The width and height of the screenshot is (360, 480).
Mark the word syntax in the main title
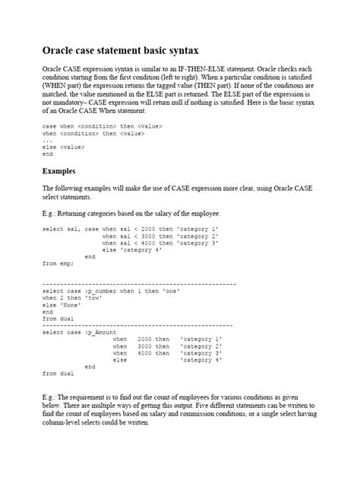pos(179,51)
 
